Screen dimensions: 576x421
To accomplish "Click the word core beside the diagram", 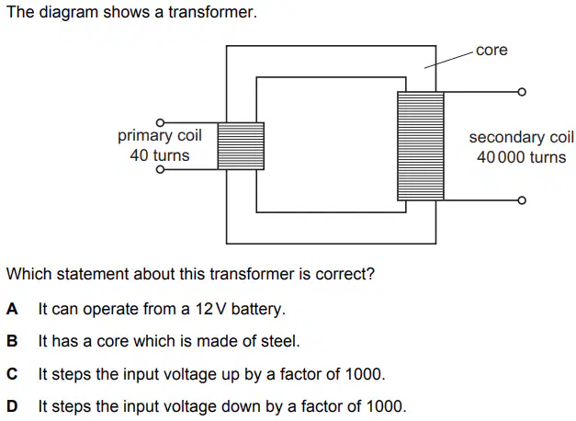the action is [x=491, y=51].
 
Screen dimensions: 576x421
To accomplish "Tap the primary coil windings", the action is [x=241, y=146].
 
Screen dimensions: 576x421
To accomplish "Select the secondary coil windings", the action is [x=421, y=146].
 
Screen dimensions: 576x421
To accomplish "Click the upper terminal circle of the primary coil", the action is [x=160, y=122].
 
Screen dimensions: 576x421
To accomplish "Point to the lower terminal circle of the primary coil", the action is [x=160, y=169].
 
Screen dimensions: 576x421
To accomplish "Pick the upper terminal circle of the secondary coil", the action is [x=522, y=92].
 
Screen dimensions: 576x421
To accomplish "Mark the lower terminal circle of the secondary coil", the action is [x=522, y=200].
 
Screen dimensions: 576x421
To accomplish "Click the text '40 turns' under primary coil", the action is [x=160, y=155].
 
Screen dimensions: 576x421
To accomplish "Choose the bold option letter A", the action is [x=12, y=309].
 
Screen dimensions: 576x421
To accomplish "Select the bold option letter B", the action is [x=12, y=341].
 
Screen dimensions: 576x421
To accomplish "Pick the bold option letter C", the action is [x=12, y=374].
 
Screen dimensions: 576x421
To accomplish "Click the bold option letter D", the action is [x=12, y=406].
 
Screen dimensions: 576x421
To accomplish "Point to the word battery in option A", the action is [x=258, y=309].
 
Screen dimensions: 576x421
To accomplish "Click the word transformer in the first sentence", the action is [x=213, y=12].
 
